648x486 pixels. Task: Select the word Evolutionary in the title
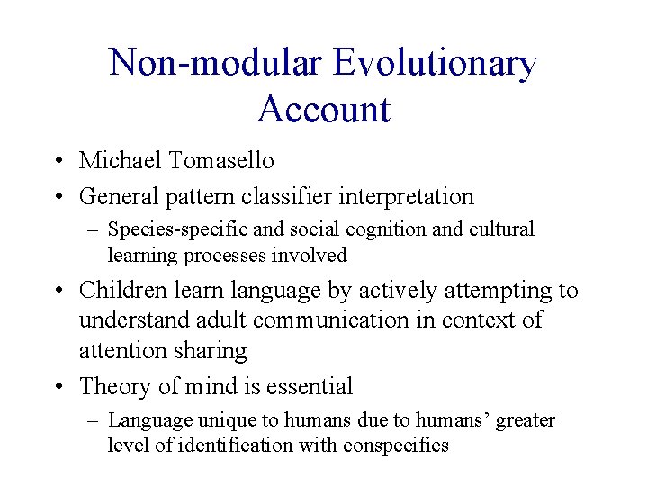click(435, 64)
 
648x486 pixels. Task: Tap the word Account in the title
click(323, 110)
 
